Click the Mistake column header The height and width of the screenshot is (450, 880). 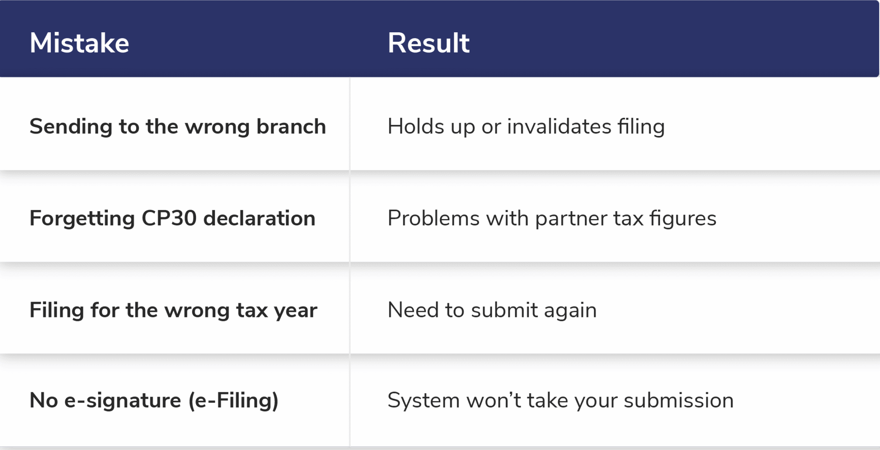pos(79,43)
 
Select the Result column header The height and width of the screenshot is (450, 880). pos(428,43)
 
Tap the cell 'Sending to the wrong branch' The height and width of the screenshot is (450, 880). pos(177,126)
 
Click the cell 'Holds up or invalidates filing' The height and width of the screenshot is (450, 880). pos(526,126)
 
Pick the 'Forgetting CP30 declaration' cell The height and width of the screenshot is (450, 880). pos(172,218)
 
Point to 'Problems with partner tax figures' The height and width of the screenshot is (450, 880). pos(552,218)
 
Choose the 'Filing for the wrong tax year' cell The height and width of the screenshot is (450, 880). pos(173,310)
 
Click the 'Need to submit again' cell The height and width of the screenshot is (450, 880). pos(492,310)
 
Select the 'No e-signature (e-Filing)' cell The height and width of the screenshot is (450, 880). pos(154,401)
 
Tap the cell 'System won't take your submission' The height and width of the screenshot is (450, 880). pos(560,401)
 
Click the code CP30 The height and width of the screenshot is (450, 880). pos(169,218)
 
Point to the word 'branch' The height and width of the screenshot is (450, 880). pos(291,126)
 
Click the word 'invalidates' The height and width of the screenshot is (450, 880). pos(559,126)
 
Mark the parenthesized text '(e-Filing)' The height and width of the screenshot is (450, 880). pos(233,401)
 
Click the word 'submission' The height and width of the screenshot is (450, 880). pos(678,401)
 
